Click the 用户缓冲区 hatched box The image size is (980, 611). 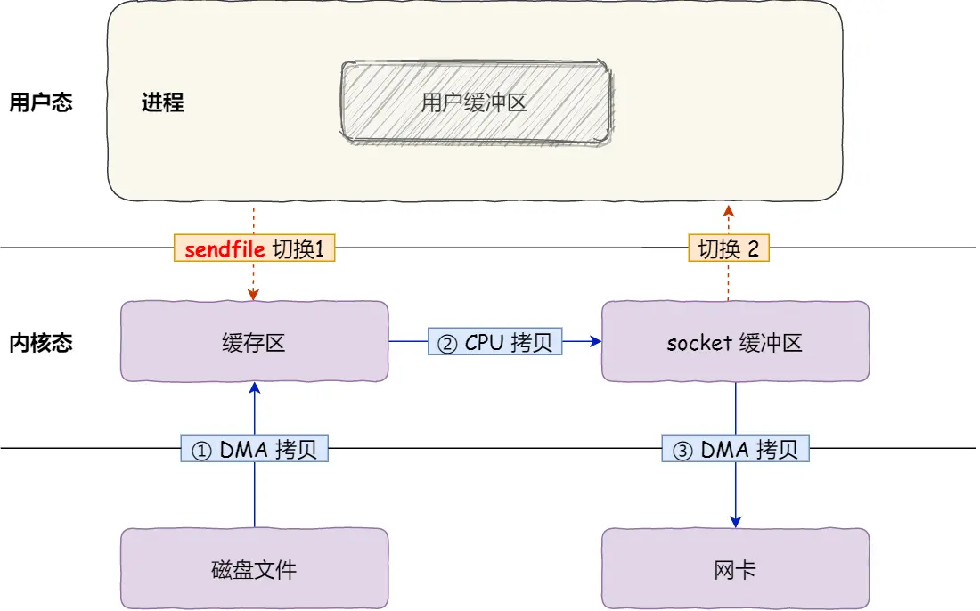(476, 102)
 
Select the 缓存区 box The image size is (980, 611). (254, 342)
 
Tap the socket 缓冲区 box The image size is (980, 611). (735, 342)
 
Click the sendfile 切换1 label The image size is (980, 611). (254, 248)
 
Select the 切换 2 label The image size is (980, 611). (728, 248)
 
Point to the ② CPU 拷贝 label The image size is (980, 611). (495, 342)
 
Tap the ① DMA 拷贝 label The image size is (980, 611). (254, 450)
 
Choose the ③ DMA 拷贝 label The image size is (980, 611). (735, 450)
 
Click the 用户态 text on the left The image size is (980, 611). (40, 102)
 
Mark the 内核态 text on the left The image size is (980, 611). (40, 343)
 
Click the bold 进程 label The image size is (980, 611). (162, 102)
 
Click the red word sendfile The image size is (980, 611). (225, 248)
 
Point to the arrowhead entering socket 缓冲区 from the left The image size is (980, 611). (595, 341)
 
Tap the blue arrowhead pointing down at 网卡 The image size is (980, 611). (735, 521)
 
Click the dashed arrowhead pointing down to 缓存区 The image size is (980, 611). (254, 294)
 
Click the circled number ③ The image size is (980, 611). (682, 451)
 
